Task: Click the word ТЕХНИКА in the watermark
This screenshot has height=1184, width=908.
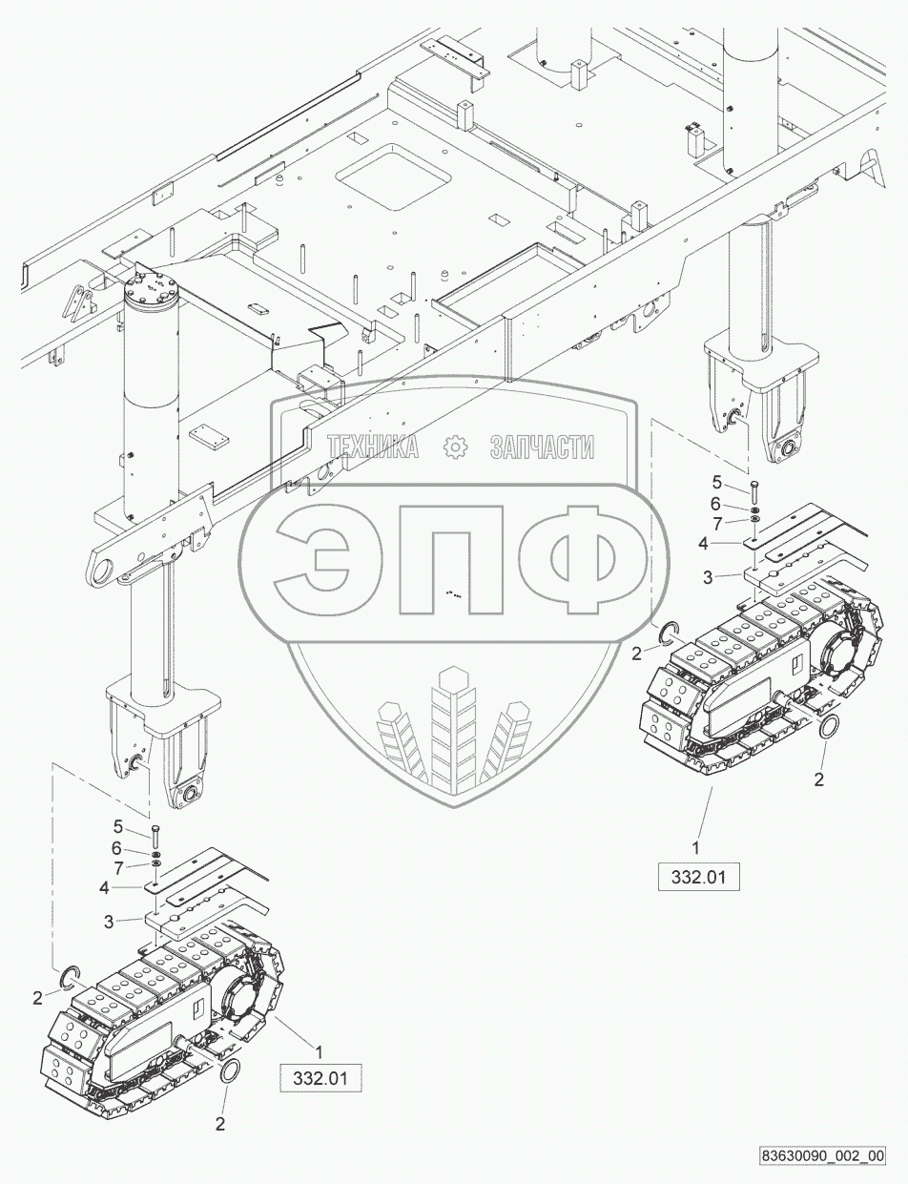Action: tap(372, 446)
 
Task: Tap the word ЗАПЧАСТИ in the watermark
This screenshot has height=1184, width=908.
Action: tap(542, 446)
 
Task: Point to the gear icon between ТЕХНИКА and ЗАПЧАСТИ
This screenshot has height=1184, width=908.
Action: tap(456, 446)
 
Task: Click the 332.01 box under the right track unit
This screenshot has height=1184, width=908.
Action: tap(699, 877)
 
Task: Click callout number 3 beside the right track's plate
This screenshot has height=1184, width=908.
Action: tap(708, 577)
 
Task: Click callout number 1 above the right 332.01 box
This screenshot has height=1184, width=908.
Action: tap(697, 846)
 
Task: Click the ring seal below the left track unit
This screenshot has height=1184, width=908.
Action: tap(231, 1072)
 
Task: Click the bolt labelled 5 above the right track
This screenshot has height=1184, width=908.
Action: tap(754, 492)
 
